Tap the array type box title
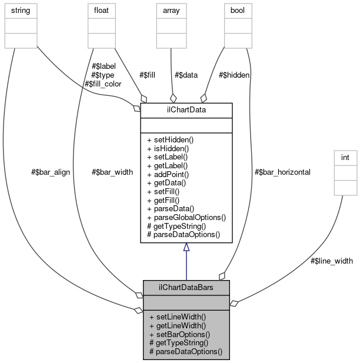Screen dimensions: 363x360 [x=171, y=10]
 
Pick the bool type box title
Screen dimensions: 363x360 [x=238, y=10]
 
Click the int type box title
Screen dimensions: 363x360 [x=345, y=158]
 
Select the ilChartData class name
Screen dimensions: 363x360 [x=186, y=109]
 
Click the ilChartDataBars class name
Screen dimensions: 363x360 [x=186, y=287]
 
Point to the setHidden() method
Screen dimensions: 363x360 [x=170, y=139]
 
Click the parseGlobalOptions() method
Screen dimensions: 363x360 [x=186, y=217]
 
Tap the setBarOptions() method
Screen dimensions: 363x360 [x=179, y=334]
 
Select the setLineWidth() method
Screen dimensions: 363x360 [x=178, y=316]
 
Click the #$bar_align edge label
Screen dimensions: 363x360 [x=51, y=172]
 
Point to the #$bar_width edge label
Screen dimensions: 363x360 [x=112, y=172]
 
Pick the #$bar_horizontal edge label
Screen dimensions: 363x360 [x=282, y=172]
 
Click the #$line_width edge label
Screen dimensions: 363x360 [x=332, y=261]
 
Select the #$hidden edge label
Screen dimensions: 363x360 [x=234, y=75]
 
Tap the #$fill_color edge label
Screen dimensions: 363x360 [x=103, y=84]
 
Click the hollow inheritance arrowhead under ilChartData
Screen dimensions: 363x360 [x=186, y=248]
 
